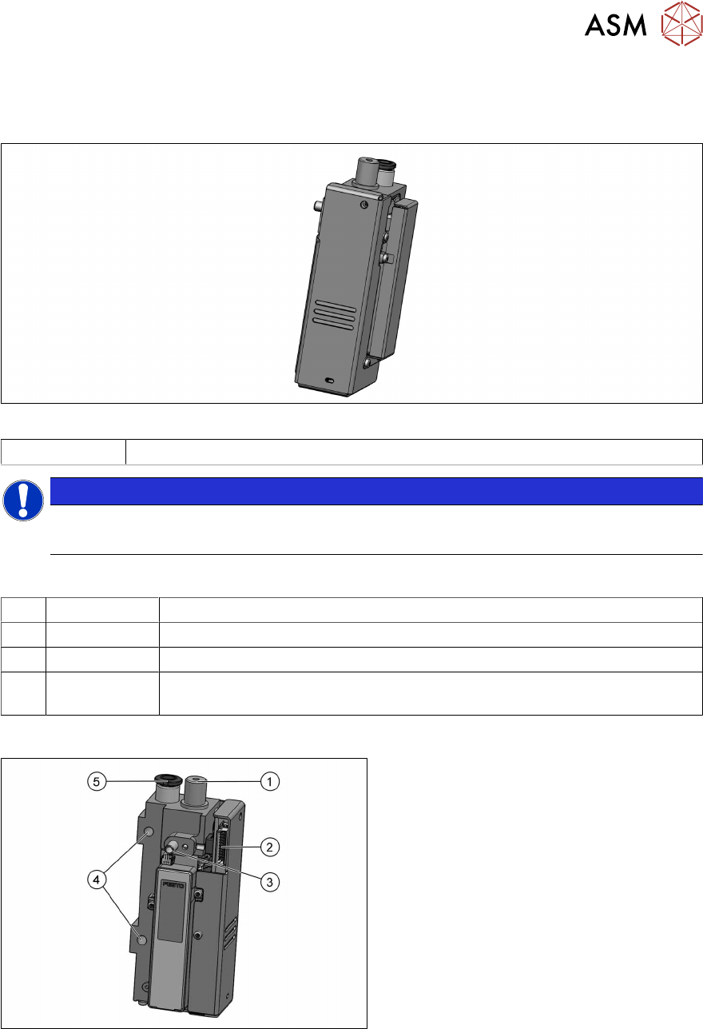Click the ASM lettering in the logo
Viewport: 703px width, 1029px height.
[x=615, y=25]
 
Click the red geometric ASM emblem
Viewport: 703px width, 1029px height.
[x=681, y=23]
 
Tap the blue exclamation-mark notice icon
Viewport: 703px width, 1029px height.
[x=23, y=501]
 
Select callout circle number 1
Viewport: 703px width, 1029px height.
[x=270, y=781]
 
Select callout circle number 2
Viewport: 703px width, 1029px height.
[x=270, y=847]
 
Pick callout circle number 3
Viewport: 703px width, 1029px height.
[x=270, y=882]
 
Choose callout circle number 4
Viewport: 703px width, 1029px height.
[x=97, y=879]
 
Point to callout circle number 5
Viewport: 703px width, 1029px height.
[x=97, y=781]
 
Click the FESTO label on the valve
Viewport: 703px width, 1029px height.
[x=173, y=885]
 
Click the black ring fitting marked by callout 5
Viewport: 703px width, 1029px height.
[x=169, y=779]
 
